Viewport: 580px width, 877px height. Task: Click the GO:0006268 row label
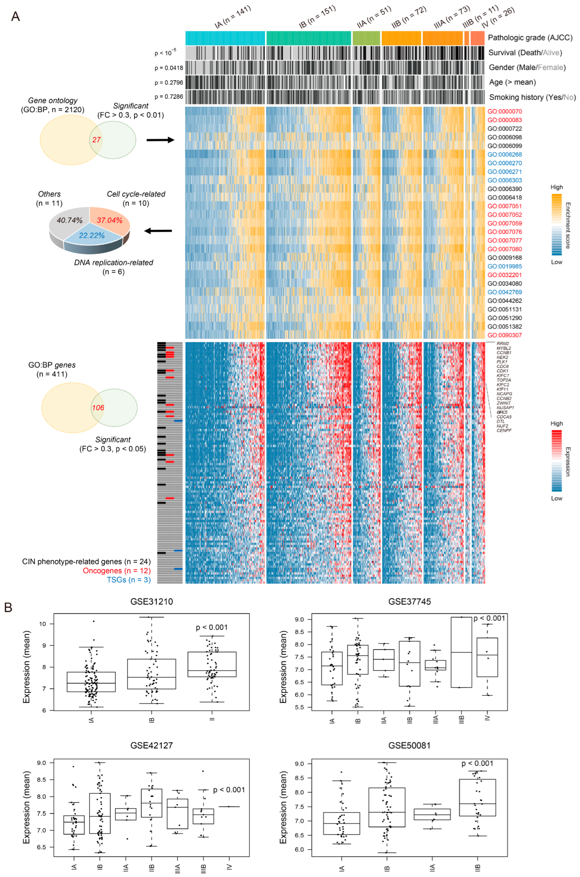coord(504,155)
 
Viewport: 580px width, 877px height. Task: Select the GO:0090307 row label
coord(504,335)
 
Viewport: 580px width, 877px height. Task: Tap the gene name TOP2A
coord(503,380)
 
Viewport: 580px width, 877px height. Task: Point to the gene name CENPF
coord(504,430)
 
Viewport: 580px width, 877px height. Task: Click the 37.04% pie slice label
coord(110,220)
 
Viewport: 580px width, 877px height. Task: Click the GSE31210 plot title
coord(152,602)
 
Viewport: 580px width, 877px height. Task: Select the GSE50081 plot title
coord(409,745)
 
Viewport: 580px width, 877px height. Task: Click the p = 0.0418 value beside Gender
coord(169,68)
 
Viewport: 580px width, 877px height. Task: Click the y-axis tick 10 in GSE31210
coord(42,624)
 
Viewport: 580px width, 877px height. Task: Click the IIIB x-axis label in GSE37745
coord(461,720)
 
